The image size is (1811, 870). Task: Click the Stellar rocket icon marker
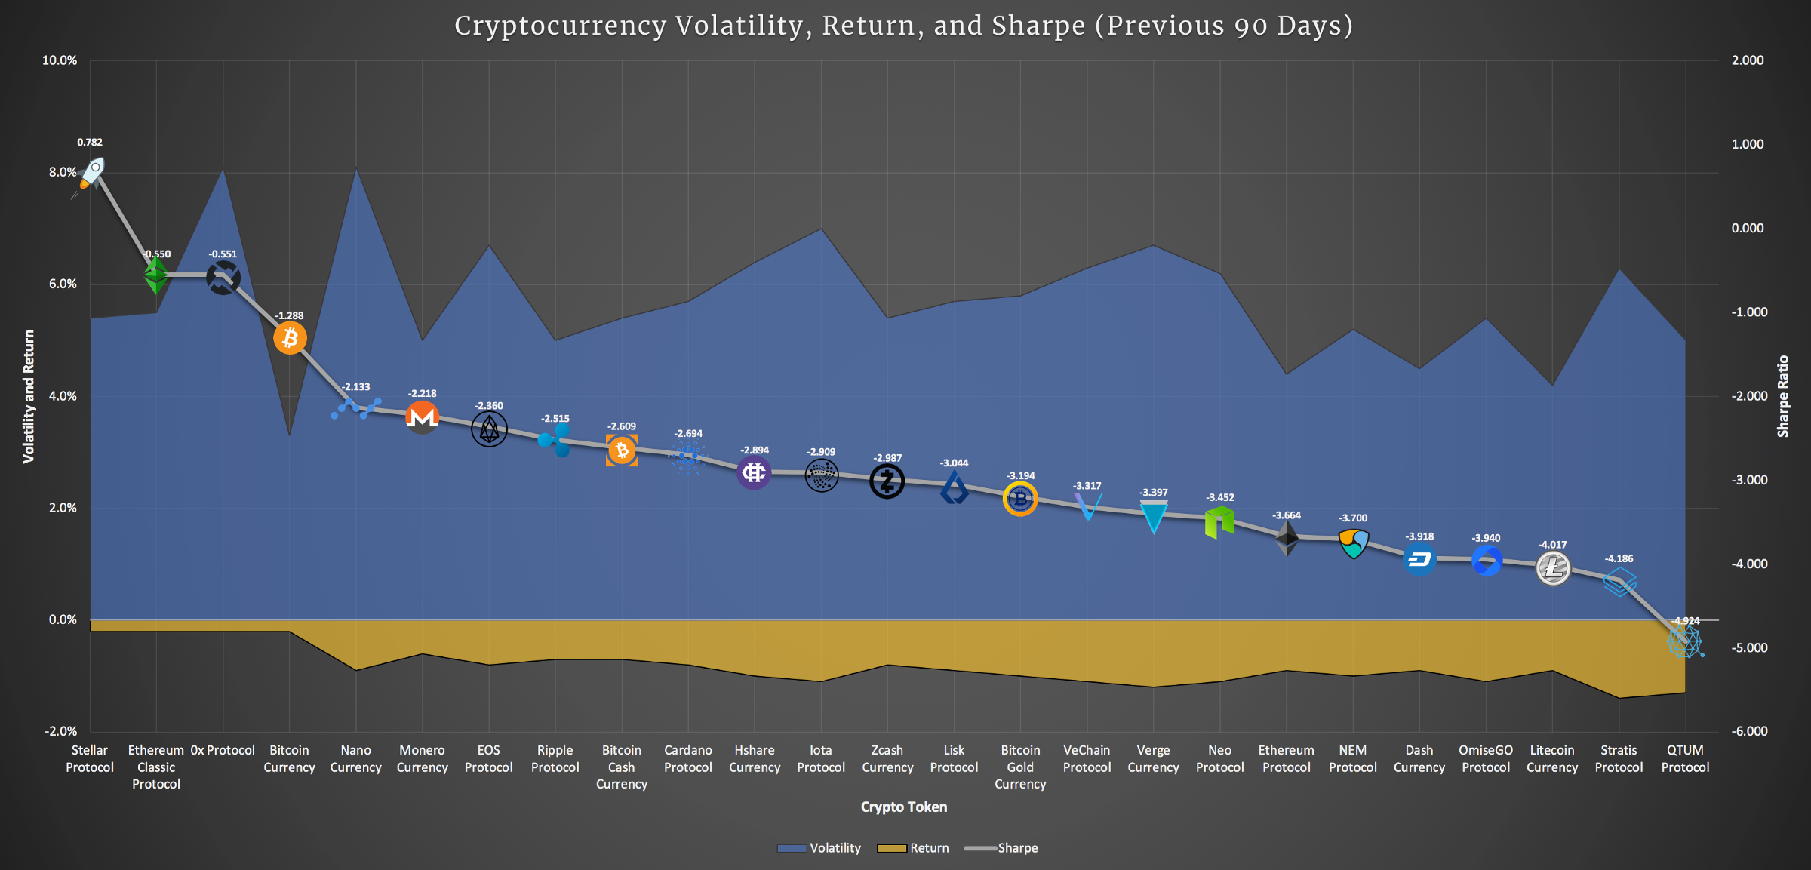91,174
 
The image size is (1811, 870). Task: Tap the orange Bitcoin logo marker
290,338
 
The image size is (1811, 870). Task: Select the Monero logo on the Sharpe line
423,417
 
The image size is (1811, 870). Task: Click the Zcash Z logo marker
887,481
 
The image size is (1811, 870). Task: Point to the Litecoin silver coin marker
1553,568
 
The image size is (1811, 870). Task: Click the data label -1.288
289,315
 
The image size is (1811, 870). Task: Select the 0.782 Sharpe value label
90,142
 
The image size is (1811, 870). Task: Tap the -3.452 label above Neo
1220,497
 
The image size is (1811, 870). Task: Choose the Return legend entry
914,848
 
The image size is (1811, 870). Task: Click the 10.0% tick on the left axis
60,60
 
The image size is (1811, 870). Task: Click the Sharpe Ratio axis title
1783,396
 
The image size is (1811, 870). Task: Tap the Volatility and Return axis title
29,396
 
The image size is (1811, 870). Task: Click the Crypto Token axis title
904,807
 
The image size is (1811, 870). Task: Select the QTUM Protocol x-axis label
1685,758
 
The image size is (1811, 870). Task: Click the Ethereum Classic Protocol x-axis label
156,767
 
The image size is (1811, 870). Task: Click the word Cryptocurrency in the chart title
561,26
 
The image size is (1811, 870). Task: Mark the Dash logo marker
1419,560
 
